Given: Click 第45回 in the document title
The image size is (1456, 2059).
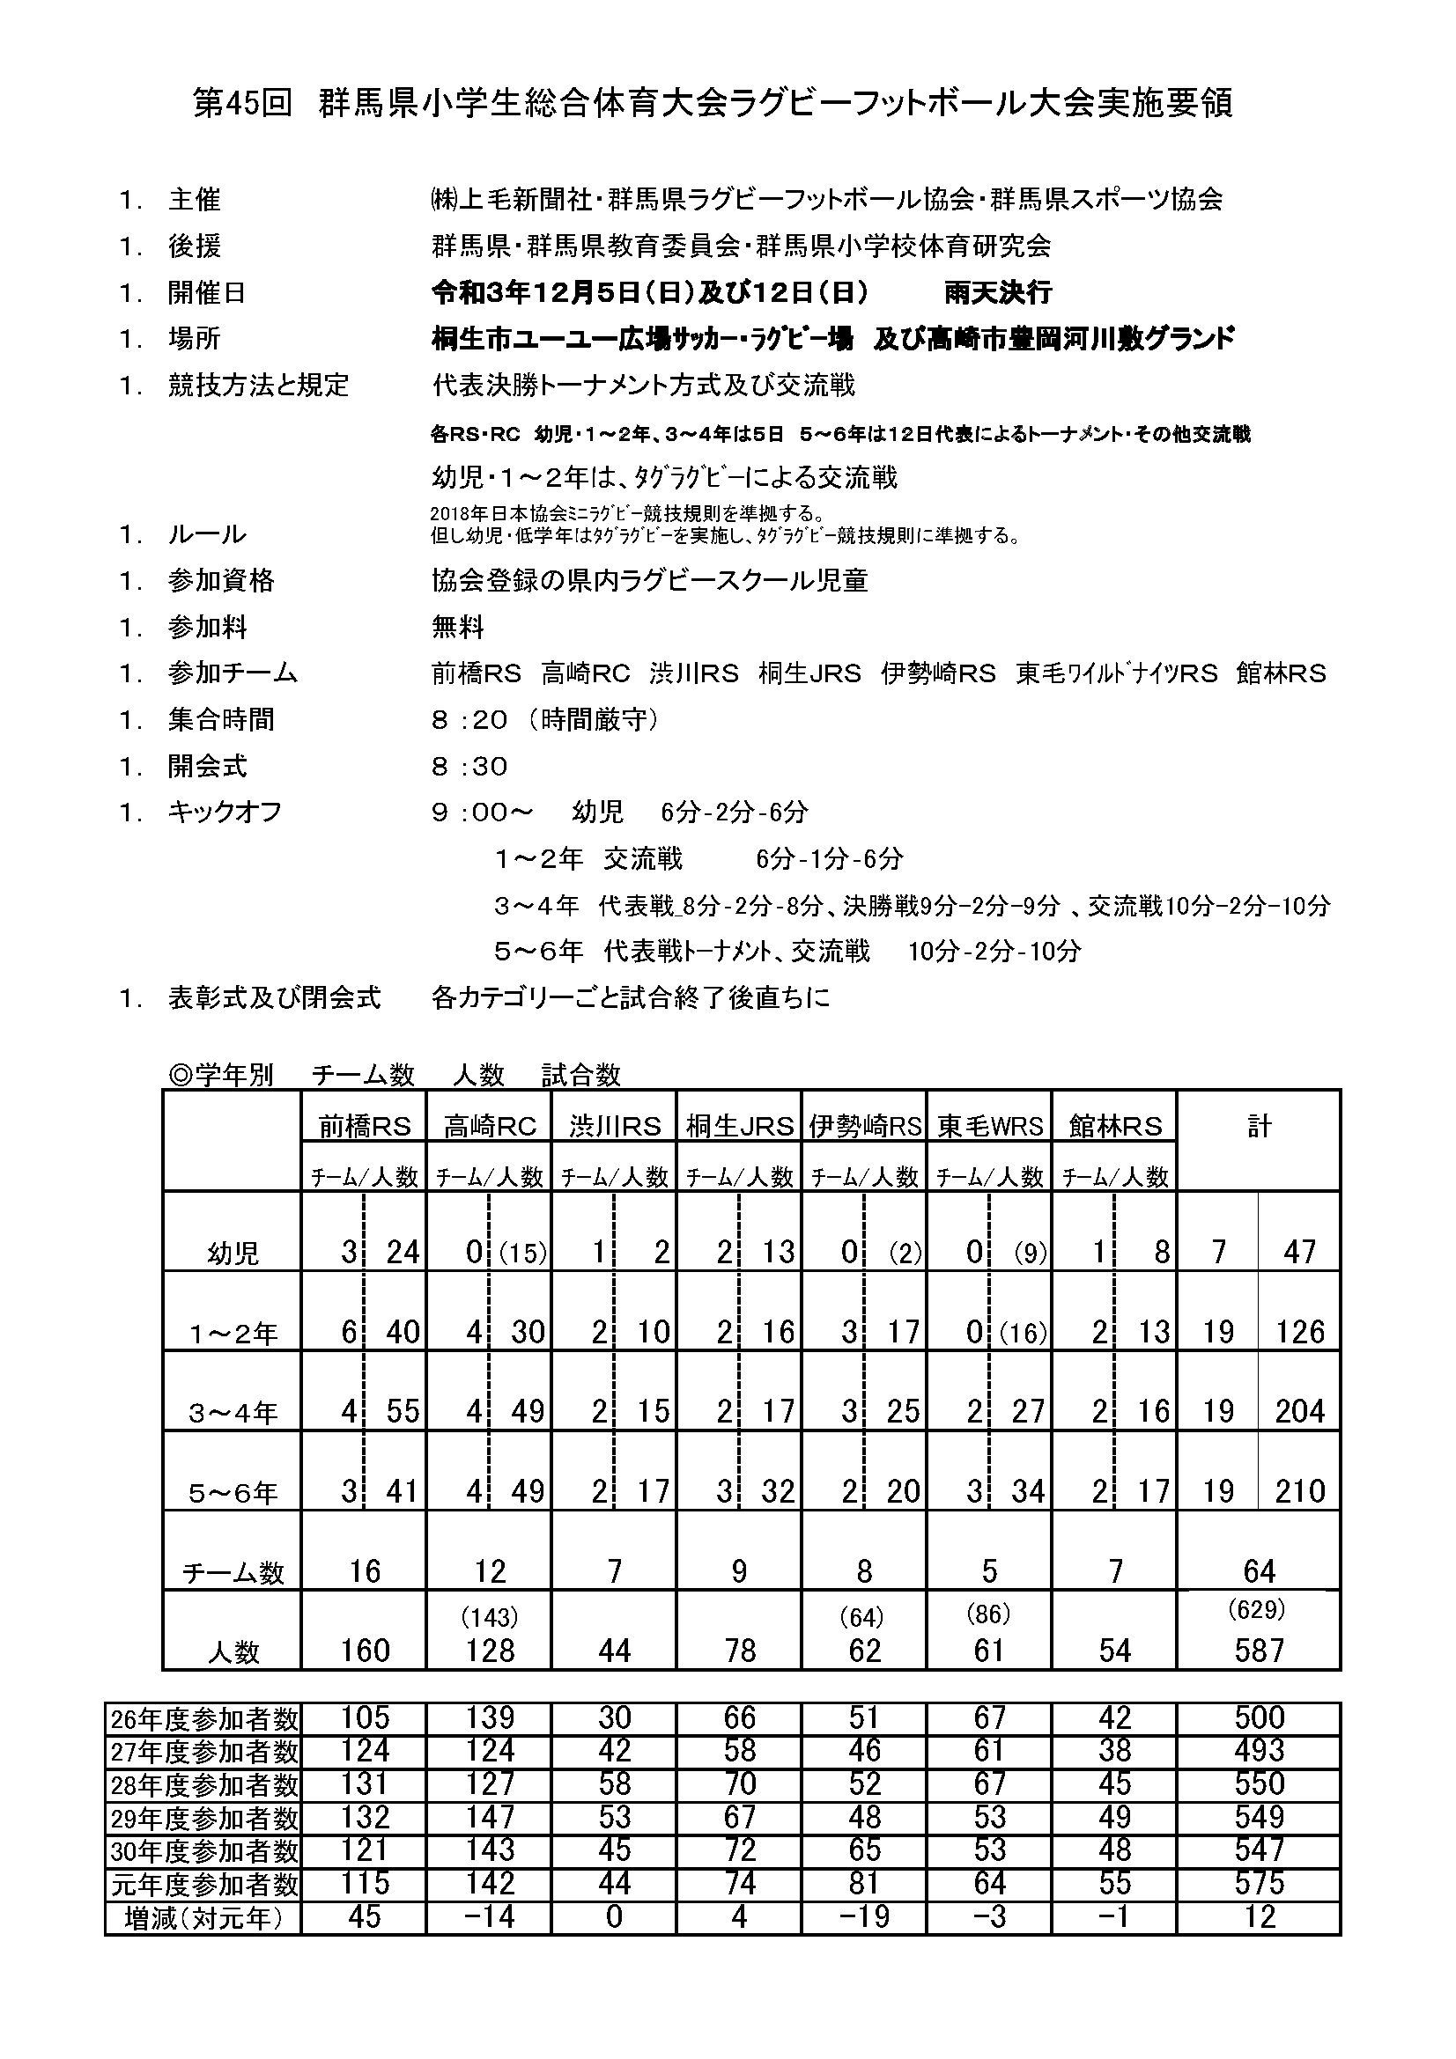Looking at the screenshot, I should point(243,103).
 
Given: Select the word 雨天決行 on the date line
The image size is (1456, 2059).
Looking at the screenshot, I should point(998,292).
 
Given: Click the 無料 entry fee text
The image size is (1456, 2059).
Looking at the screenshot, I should point(457,627).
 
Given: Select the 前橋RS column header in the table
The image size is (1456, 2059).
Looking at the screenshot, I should point(365,1127).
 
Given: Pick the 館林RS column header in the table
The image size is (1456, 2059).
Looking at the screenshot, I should point(1115,1127).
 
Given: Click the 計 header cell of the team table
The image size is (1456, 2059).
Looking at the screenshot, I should point(1259,1127).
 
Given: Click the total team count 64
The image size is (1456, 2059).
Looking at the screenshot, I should point(1259,1571).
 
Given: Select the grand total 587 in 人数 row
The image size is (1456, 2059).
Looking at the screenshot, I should point(1259,1650).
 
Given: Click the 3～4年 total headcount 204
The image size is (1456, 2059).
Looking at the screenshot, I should point(1300,1412).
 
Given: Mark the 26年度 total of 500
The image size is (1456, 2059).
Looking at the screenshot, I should point(1259,1718).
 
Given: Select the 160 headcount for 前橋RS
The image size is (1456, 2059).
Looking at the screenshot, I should point(366,1650).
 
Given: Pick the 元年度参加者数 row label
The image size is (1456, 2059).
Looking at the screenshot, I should point(203,1884).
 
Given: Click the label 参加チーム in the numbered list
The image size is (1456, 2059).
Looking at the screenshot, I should point(233,673).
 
